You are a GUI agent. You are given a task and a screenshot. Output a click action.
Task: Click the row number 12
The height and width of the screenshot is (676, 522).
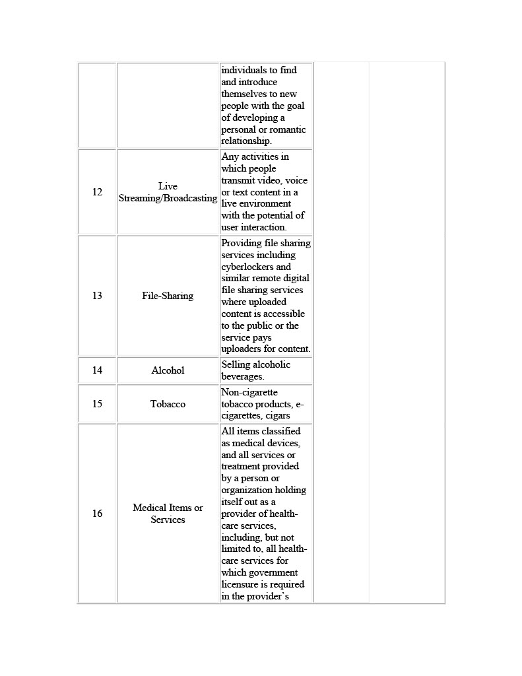(97, 192)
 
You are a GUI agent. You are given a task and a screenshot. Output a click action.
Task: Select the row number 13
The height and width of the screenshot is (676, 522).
(97, 296)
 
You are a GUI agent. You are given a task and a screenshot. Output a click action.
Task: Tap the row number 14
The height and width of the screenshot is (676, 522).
(97, 370)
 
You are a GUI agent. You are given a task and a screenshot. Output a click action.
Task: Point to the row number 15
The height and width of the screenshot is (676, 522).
(97, 404)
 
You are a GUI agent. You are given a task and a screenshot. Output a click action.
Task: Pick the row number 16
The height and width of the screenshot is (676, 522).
(97, 514)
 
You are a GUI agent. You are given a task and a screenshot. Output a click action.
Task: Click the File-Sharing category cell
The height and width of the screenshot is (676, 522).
(168, 296)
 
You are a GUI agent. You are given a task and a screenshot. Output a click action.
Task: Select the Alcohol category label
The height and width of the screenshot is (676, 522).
(168, 370)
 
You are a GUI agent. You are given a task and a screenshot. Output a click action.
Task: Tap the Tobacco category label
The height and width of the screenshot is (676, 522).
(168, 404)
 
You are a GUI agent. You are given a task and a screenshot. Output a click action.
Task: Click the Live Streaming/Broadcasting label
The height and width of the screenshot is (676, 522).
(168, 192)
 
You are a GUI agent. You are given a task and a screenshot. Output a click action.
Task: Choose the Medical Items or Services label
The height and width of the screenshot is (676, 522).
(168, 514)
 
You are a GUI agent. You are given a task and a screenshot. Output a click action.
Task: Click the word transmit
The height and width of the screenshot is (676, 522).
(238, 180)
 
